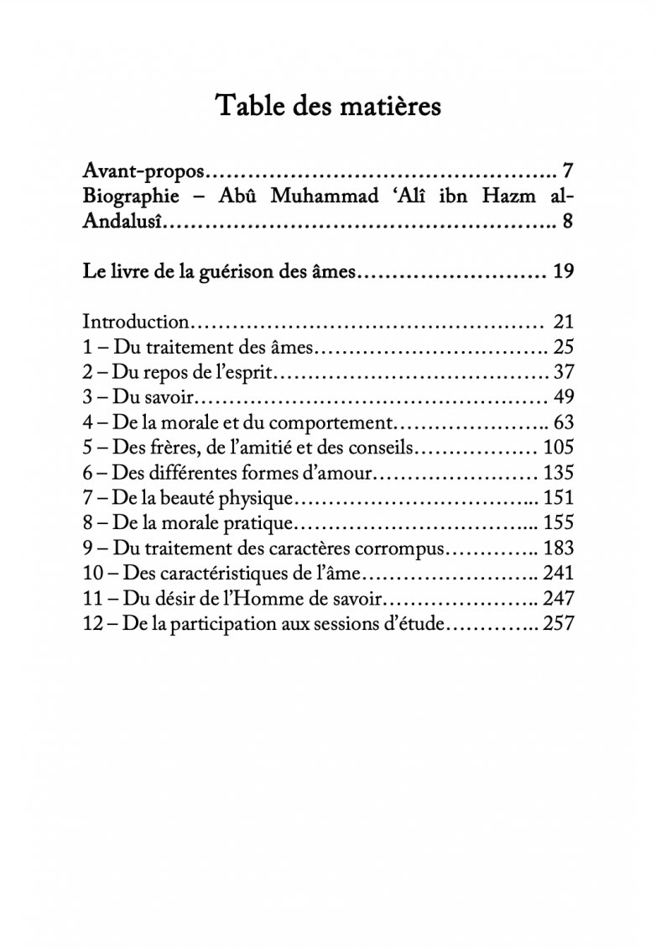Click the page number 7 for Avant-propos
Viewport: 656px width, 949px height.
[567, 172]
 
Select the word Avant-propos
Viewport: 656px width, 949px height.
[143, 173]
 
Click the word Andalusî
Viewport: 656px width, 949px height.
[123, 223]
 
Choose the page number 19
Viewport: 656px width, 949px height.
[563, 272]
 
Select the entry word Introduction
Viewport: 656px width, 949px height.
[136, 322]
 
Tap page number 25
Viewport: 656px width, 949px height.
[563, 346]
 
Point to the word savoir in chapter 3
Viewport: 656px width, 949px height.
[169, 396]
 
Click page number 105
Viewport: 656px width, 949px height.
[559, 447]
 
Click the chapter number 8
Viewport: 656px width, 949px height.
[88, 522]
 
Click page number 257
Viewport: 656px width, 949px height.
[559, 623]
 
